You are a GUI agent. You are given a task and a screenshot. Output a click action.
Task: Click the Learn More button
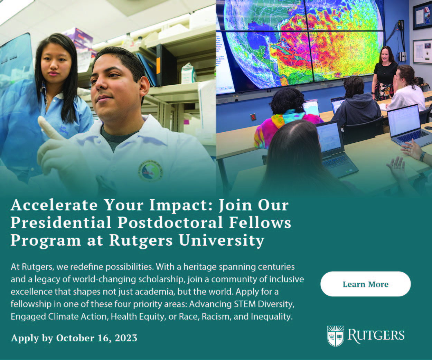[366, 284]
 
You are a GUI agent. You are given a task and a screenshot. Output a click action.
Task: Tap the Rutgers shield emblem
[335, 336]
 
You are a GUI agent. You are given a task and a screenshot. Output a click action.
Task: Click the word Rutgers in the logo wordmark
[376, 335]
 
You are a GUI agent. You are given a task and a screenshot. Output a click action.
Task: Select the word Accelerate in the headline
[54, 205]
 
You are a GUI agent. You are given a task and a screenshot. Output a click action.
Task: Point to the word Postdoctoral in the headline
[170, 222]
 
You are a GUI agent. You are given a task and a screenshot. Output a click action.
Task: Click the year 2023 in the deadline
[126, 338]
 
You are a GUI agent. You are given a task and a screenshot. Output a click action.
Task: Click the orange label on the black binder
[158, 66]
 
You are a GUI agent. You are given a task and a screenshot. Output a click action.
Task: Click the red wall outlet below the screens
[253, 117]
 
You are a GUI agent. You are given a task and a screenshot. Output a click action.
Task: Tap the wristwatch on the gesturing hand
[422, 156]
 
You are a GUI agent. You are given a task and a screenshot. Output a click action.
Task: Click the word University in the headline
[222, 241]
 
